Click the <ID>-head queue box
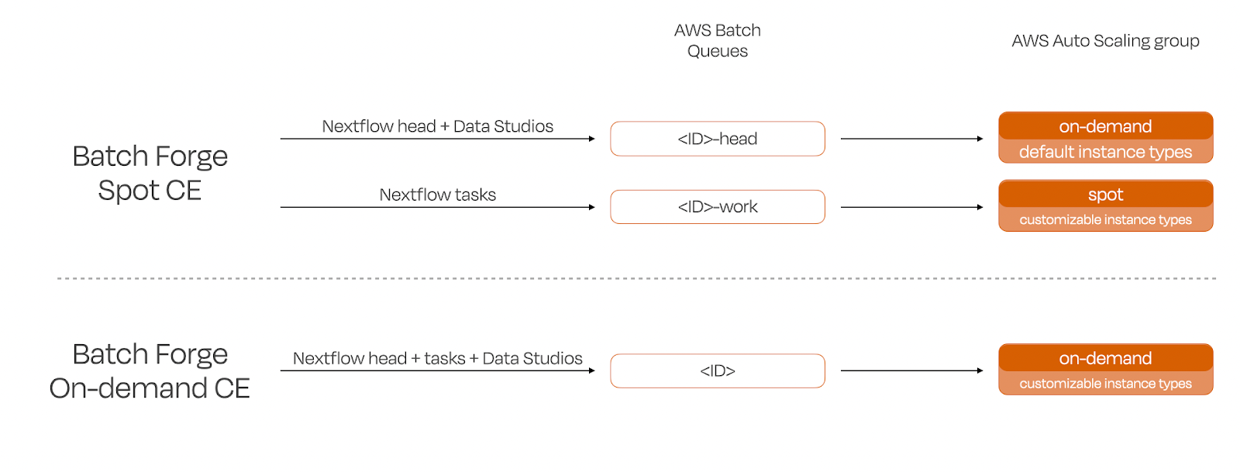[x=717, y=139]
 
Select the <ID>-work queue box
[x=717, y=207]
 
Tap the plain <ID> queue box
[x=717, y=370]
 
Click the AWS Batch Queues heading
[x=717, y=40]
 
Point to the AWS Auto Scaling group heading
[x=1105, y=40]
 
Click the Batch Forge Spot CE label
[x=150, y=173]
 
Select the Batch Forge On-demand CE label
[x=150, y=370]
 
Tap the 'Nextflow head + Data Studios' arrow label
[x=437, y=126]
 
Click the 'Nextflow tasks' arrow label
[x=437, y=195]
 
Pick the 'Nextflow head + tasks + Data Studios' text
[x=437, y=358]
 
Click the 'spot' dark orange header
[x=1105, y=194]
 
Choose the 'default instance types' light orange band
[x=1105, y=152]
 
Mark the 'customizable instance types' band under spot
[x=1105, y=220]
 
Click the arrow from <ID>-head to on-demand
[x=911, y=139]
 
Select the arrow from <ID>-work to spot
[x=911, y=207]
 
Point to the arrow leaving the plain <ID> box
[x=911, y=370]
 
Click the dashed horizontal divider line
[x=635, y=277]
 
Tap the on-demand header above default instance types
[x=1105, y=126]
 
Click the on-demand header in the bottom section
[x=1105, y=358]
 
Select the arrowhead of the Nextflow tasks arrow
[x=592, y=207]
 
